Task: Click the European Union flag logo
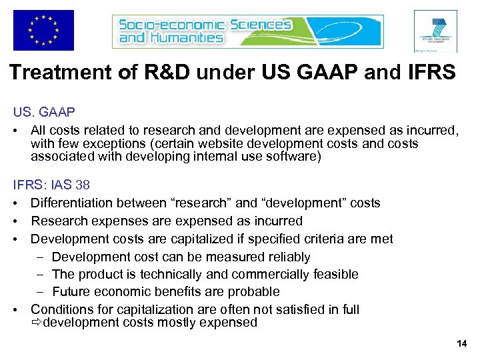[43, 30]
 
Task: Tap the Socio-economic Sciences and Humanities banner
[247, 31]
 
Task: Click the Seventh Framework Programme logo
[435, 31]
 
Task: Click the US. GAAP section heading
[43, 113]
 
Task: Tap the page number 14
[462, 343]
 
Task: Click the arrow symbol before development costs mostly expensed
[36, 323]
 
